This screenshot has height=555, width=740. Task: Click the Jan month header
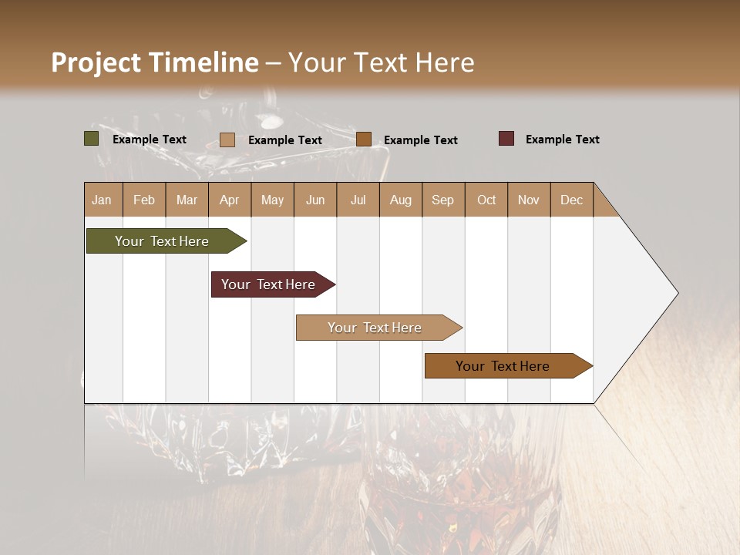102,200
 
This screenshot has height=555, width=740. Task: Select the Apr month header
230,200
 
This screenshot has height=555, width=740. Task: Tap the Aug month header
401,200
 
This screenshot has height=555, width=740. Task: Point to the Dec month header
572,200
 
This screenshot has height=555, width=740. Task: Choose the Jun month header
315,200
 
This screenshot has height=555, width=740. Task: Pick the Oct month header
486,200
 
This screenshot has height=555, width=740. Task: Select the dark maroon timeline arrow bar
270,284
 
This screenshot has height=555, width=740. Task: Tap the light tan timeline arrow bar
376,328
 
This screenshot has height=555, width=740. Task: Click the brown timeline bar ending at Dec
505,366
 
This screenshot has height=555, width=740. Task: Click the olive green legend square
91,139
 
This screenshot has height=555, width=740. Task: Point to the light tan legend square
227,140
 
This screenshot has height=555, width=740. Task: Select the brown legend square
364,140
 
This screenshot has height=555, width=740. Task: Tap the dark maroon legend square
506,139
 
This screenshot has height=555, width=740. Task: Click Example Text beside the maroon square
562,140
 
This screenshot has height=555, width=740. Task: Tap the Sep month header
442,200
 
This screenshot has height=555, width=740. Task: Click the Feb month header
144,200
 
